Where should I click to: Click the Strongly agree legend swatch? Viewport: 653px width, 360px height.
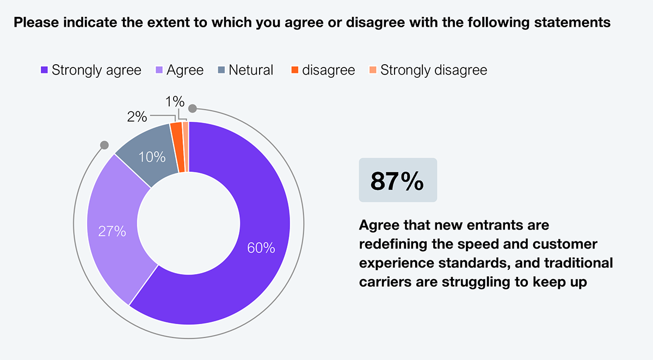tap(44, 70)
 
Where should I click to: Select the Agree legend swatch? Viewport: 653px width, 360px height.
tap(159, 70)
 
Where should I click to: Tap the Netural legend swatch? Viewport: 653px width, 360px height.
tap(221, 70)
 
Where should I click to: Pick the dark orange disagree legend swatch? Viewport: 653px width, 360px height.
tap(295, 70)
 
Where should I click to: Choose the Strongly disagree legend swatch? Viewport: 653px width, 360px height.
tap(373, 70)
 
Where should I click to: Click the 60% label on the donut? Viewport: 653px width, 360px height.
tap(261, 248)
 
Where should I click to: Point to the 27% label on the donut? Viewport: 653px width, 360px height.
tap(112, 232)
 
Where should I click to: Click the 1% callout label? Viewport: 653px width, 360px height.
tap(175, 102)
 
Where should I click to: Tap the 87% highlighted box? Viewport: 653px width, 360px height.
tap(398, 181)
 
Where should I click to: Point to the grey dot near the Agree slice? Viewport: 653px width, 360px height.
tap(104, 145)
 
